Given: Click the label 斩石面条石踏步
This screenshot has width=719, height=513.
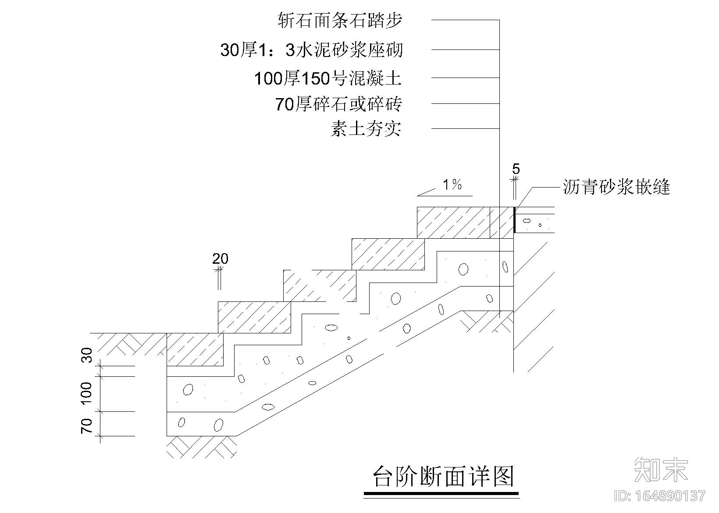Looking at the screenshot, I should (x=340, y=21).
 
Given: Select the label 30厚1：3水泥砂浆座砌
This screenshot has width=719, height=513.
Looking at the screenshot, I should (x=311, y=50).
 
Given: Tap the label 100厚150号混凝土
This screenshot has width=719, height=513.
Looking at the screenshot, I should (x=328, y=79).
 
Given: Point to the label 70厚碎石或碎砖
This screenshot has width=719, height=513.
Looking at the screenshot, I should (x=338, y=104).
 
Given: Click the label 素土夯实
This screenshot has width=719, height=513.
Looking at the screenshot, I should (x=366, y=129).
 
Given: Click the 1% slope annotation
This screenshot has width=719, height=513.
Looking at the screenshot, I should (x=452, y=185).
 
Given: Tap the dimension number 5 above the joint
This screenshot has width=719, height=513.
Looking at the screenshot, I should (x=516, y=169).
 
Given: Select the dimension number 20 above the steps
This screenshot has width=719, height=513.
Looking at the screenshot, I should (x=221, y=259).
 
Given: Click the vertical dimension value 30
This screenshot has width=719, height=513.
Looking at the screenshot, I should (x=88, y=355).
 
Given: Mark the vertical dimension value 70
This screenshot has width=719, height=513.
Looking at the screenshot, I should (x=88, y=425).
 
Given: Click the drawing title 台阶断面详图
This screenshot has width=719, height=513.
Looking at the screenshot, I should (x=443, y=477).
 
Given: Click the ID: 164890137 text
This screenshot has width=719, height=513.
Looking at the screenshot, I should (x=661, y=496).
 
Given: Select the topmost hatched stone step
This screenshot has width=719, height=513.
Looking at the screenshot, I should (x=454, y=223).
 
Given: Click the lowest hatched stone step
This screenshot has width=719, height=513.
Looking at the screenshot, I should (x=194, y=349).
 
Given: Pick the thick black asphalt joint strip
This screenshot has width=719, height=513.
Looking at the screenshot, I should (x=514, y=220).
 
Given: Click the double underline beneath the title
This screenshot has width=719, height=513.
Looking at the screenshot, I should (x=441, y=495).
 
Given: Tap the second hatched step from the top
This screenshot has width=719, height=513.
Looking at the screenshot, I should (x=388, y=254).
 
